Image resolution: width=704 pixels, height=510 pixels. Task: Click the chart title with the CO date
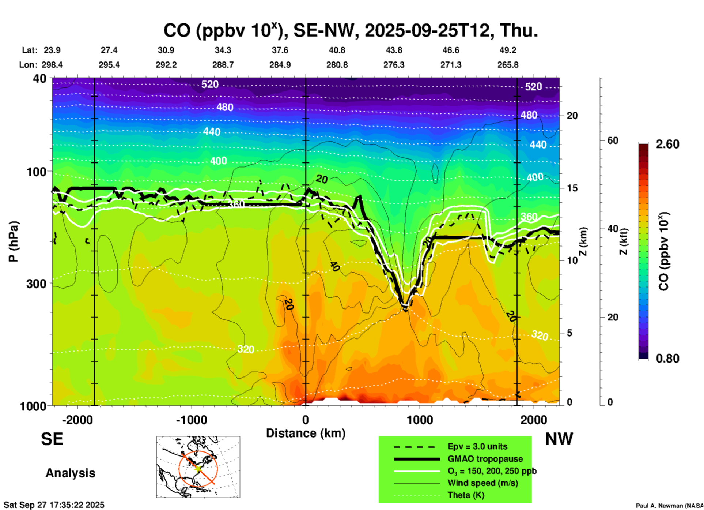[351, 30]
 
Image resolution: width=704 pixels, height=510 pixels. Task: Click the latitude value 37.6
[280, 50]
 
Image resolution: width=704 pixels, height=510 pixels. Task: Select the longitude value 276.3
[394, 65]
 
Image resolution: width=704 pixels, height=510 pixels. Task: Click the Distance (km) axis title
[306, 433]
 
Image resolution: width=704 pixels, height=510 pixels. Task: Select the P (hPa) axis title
[14, 241]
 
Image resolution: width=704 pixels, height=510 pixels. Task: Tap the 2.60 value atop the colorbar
[667, 144]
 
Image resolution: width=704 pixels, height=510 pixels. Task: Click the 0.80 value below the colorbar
[667, 358]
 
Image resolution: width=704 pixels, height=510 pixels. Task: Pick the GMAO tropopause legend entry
[485, 459]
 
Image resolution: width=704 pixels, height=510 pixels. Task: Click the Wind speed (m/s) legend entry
[482, 483]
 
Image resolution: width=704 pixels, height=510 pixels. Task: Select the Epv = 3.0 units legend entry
[477, 446]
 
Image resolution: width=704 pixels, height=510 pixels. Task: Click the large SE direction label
[52, 439]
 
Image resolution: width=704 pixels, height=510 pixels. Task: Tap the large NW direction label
[559, 439]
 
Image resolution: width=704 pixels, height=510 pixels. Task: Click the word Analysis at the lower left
[70, 473]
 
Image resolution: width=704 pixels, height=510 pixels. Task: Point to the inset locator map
[198, 466]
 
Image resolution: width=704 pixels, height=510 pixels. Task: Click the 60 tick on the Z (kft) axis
[613, 140]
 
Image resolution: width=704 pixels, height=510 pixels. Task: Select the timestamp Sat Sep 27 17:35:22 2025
[54, 505]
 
